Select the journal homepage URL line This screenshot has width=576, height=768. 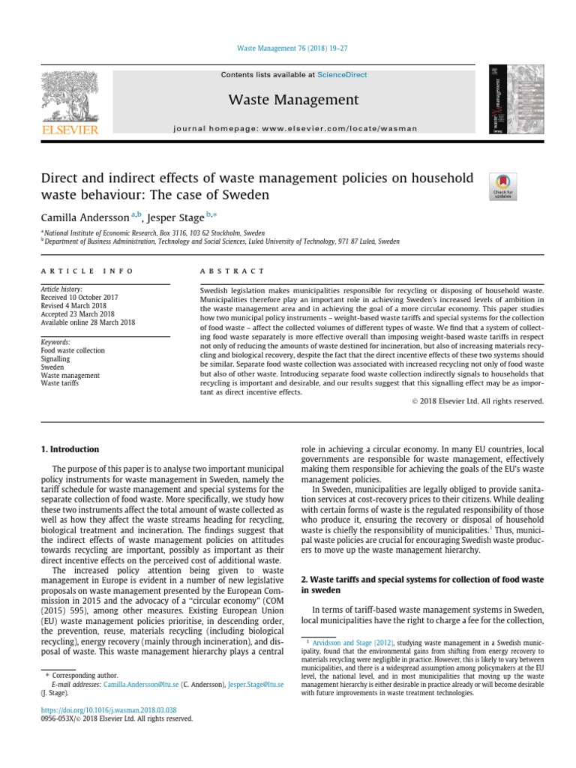[x=295, y=128]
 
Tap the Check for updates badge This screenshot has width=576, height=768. [x=502, y=186]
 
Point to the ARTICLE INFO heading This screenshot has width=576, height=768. [x=86, y=271]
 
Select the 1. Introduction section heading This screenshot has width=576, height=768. [x=69, y=449]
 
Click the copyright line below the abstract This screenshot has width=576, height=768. [x=478, y=401]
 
